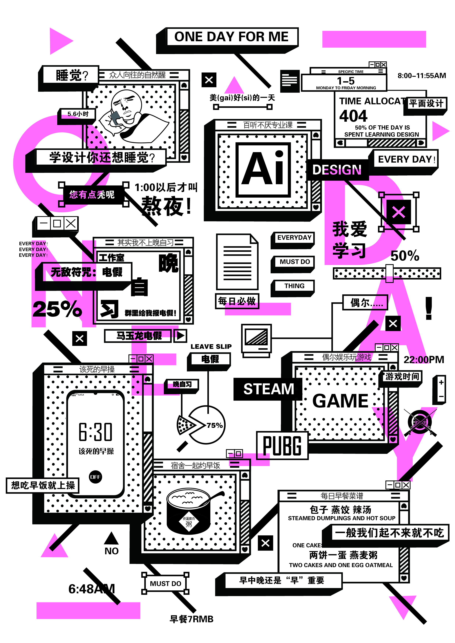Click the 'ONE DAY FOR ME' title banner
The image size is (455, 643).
(x=231, y=37)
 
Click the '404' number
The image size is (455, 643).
(x=353, y=116)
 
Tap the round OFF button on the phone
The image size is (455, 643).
(x=95, y=477)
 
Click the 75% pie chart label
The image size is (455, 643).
(x=214, y=425)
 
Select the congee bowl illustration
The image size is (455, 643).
(x=189, y=511)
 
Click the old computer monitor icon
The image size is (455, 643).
(x=256, y=339)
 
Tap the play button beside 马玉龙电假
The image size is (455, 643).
(x=180, y=335)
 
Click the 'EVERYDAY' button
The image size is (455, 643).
(x=294, y=238)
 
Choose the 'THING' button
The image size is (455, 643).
(x=294, y=286)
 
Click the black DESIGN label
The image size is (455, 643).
(x=337, y=170)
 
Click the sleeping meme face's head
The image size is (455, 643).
(x=126, y=102)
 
